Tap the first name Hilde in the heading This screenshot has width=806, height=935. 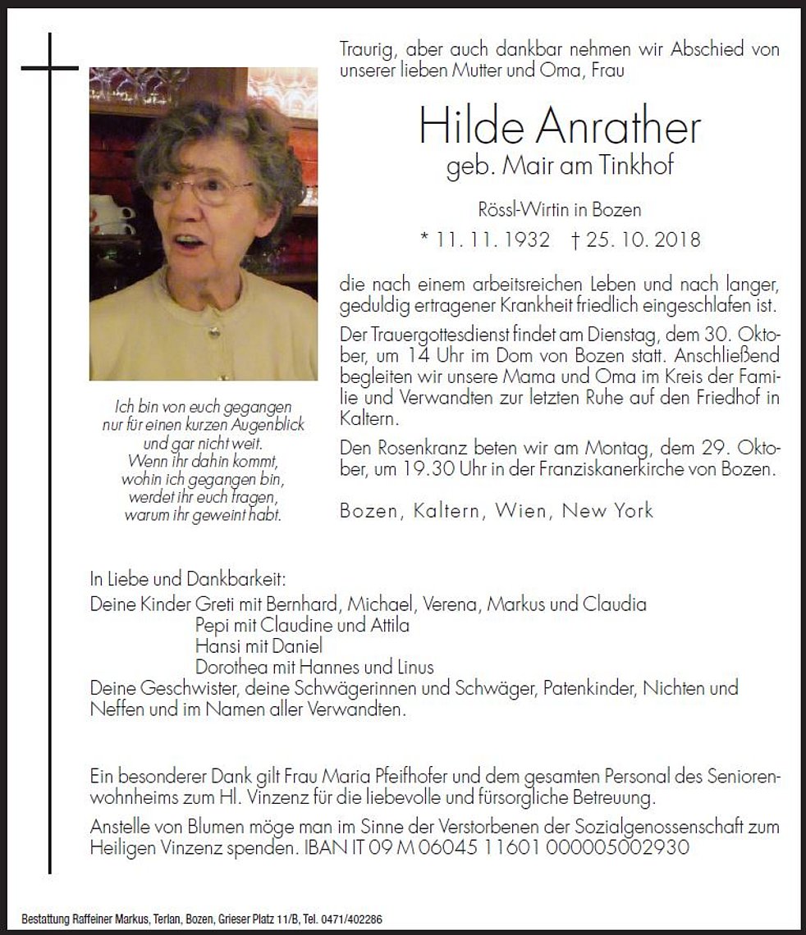point(461,127)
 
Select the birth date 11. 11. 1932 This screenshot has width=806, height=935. point(484,240)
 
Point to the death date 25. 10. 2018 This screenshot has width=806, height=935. point(635,240)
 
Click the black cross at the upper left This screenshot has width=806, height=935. point(50,69)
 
